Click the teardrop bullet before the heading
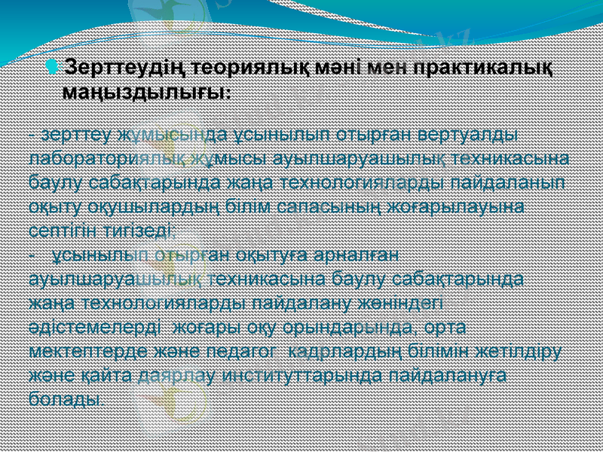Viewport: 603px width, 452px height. [x=51, y=69]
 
